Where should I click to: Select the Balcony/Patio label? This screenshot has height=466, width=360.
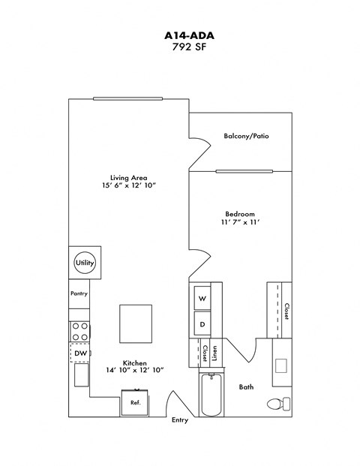[x=246, y=136]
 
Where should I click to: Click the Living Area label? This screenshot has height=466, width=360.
[x=134, y=177]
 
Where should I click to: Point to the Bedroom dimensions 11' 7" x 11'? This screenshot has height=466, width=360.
[x=241, y=222]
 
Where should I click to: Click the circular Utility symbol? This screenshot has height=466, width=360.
[x=84, y=263]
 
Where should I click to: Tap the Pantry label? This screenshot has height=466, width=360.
[x=79, y=293]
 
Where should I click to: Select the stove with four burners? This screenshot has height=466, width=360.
[x=80, y=331]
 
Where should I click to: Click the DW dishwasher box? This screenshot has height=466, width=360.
[x=80, y=353]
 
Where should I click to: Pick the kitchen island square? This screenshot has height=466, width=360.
[x=136, y=323]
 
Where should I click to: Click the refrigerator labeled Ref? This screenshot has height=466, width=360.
[x=136, y=403]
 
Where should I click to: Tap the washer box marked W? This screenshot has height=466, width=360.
[x=202, y=299]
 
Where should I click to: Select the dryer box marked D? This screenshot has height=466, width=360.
[x=202, y=324]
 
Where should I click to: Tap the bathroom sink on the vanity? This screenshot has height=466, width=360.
[x=282, y=366]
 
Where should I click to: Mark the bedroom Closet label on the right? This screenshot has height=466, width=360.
[x=286, y=311]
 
